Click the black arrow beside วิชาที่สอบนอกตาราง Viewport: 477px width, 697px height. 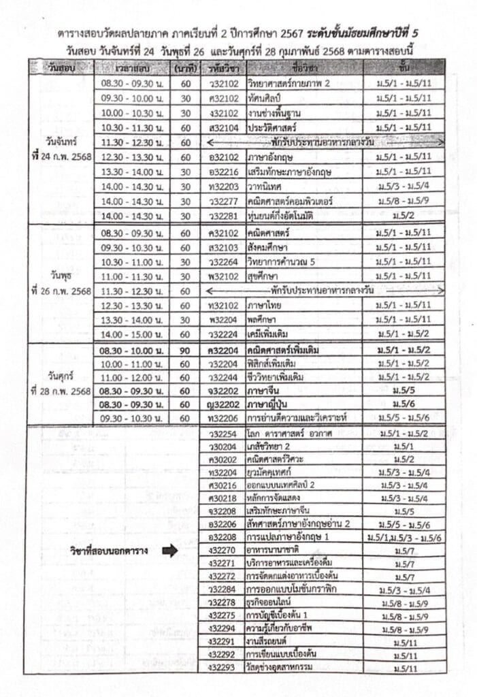[170, 550]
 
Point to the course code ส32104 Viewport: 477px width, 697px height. [223, 127]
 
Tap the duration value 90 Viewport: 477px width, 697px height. [185, 350]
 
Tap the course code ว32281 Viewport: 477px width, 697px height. [223, 216]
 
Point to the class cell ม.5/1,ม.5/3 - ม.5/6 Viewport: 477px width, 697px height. [404, 537]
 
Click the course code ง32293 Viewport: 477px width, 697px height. [223, 666]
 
